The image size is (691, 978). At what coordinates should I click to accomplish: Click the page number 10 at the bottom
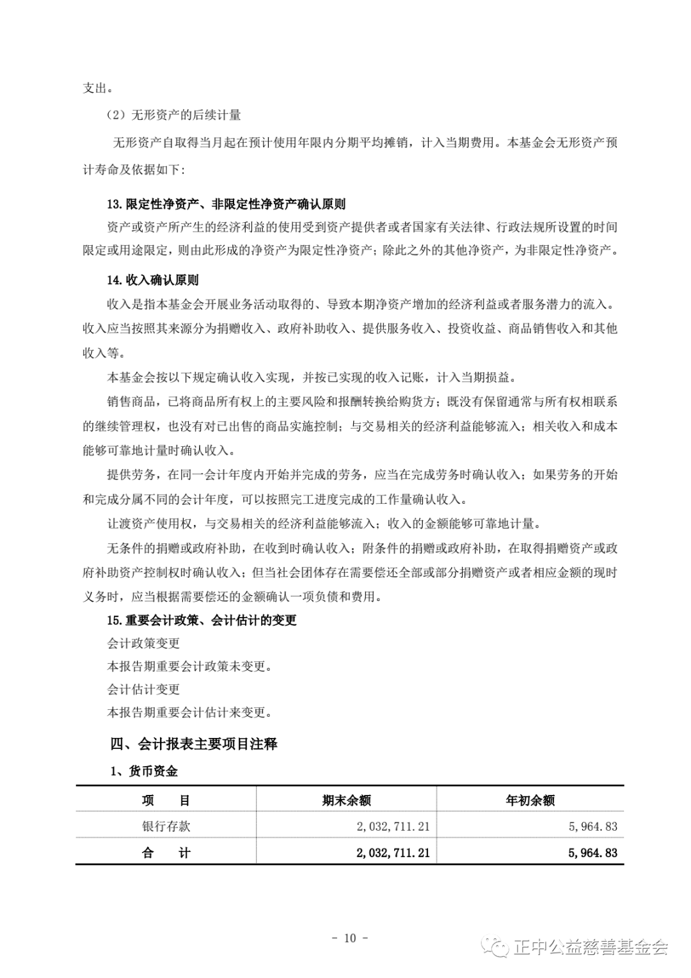coord(349,938)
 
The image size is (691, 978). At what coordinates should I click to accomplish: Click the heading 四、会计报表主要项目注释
coord(193,744)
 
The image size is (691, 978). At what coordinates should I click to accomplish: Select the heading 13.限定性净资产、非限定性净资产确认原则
coord(226,204)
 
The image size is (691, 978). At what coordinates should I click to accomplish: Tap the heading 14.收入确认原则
coord(152,280)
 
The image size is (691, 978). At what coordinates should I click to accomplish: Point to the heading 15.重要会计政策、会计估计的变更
coord(202,620)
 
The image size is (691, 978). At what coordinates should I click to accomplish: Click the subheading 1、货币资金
coord(144,771)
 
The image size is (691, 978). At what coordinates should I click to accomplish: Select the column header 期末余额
coord(346,800)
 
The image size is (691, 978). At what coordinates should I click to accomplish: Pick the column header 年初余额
coord(530,800)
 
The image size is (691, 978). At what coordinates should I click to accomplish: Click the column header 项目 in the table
coord(166,800)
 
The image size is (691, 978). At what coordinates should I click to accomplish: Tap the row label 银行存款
coord(166,826)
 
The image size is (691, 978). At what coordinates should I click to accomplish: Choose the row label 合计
coord(166,853)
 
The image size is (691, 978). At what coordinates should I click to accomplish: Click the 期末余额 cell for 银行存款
coord(393,826)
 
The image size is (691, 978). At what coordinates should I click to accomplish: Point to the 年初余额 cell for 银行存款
coord(592,826)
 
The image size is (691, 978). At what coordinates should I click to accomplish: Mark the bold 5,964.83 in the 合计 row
coord(592,853)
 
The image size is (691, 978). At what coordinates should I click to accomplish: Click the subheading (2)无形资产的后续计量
coord(173,115)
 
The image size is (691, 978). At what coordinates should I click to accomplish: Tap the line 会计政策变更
coord(143,643)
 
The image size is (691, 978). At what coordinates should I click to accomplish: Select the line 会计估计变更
coord(143,689)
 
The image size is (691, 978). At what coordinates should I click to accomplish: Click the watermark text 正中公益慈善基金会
coord(590,947)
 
